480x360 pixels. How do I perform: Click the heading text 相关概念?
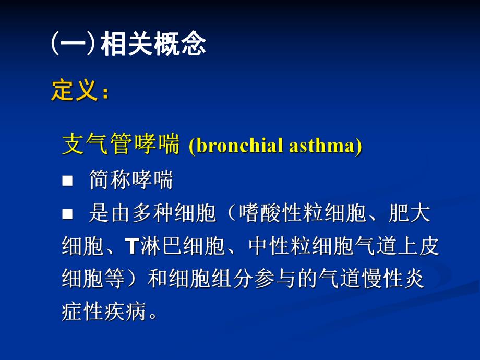tap(153, 45)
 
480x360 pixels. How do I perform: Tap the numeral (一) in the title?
tap(73, 45)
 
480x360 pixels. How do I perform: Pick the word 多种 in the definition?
tap(152, 213)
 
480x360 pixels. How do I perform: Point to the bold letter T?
tap(130, 246)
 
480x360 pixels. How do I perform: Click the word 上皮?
tap(421, 246)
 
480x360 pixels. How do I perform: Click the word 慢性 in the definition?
tap(389, 279)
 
